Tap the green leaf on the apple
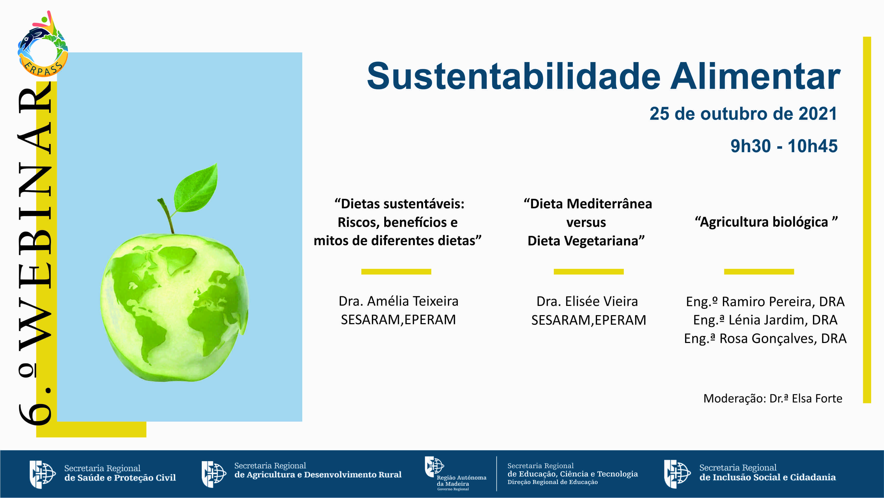(196, 188)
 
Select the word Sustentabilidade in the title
(513, 76)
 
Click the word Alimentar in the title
(755, 76)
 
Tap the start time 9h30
(750, 146)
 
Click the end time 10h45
(813, 146)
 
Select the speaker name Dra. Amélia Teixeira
(398, 301)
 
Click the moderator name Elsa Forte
(817, 398)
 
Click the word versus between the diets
(586, 222)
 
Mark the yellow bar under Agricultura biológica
(759, 272)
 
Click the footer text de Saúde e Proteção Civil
(120, 478)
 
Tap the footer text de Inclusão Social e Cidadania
(768, 477)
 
